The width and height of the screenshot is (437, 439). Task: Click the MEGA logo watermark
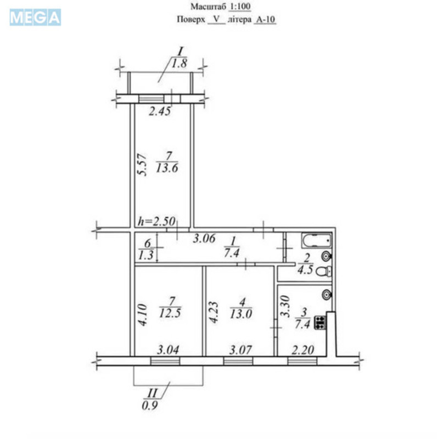(35, 17)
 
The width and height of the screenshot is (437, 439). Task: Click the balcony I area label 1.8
(180, 63)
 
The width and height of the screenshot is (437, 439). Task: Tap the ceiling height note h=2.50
(156, 222)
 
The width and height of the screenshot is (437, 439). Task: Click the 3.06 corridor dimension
(206, 238)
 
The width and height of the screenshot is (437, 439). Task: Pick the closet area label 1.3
(147, 254)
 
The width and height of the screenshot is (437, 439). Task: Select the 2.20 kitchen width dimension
(302, 349)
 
